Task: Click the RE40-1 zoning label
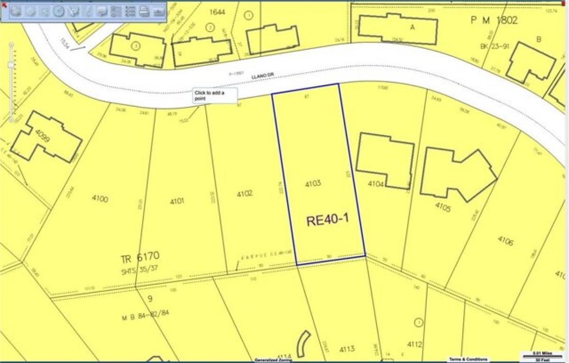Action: point(328,220)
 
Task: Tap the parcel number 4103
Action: point(313,183)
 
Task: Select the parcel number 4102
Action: point(245,194)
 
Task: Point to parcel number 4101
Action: point(177,201)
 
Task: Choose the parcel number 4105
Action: point(443,207)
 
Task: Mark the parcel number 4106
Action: point(505,241)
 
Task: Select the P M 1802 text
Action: point(494,20)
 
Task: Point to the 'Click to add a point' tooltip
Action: point(215,95)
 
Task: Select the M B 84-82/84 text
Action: point(145,313)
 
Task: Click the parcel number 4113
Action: point(347,349)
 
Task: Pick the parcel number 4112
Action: point(414,344)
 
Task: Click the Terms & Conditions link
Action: point(468,359)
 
